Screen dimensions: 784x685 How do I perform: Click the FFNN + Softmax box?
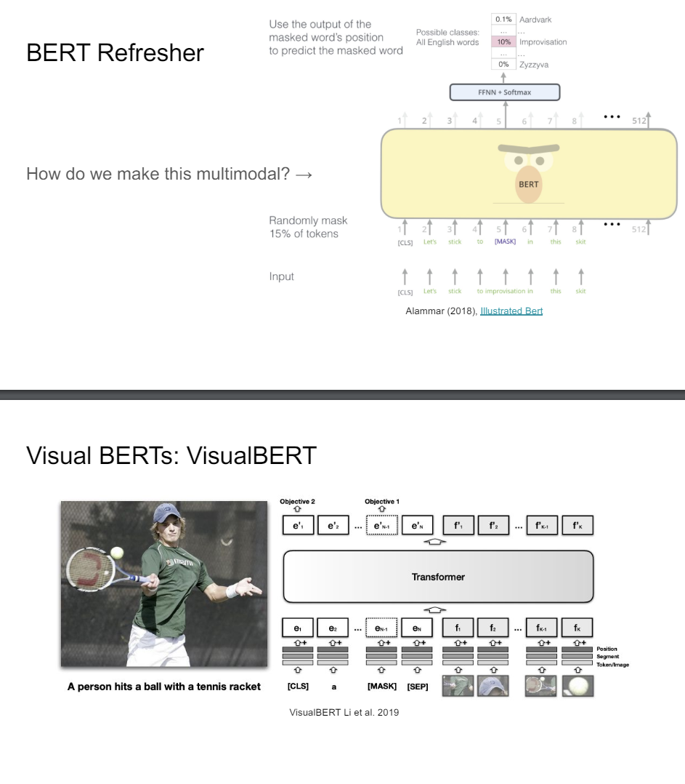(x=505, y=92)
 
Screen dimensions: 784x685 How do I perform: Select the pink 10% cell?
(x=503, y=42)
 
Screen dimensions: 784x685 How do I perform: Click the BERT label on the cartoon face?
(x=528, y=185)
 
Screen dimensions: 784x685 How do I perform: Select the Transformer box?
(x=438, y=576)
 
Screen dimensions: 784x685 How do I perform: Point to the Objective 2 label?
(x=297, y=502)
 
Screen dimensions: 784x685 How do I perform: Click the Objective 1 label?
(x=383, y=502)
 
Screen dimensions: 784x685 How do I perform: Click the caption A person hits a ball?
(x=161, y=686)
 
